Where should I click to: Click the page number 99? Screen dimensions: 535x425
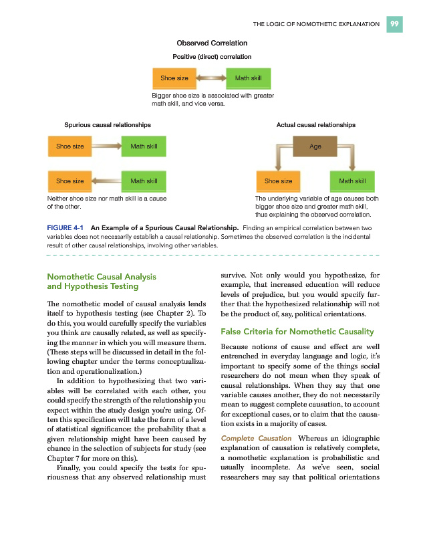click(x=395, y=24)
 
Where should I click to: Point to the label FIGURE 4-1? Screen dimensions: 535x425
click(x=65, y=228)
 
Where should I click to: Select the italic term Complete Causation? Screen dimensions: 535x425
click(x=256, y=438)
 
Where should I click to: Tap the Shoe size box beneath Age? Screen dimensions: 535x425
click(x=278, y=181)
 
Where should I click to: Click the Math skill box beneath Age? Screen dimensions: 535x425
click(x=352, y=181)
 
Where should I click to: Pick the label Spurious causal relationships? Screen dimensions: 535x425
click(x=107, y=125)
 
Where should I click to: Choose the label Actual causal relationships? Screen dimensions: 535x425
click(x=315, y=125)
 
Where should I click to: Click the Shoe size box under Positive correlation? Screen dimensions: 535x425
click(x=174, y=78)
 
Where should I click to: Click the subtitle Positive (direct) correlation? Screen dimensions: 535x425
click(x=212, y=57)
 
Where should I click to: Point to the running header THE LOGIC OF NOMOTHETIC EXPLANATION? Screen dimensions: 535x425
click(x=316, y=25)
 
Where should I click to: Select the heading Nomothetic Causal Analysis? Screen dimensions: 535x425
click(x=101, y=276)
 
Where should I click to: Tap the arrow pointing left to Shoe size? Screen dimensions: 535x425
click(x=106, y=181)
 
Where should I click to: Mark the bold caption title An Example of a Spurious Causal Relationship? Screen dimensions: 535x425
click(x=165, y=228)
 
